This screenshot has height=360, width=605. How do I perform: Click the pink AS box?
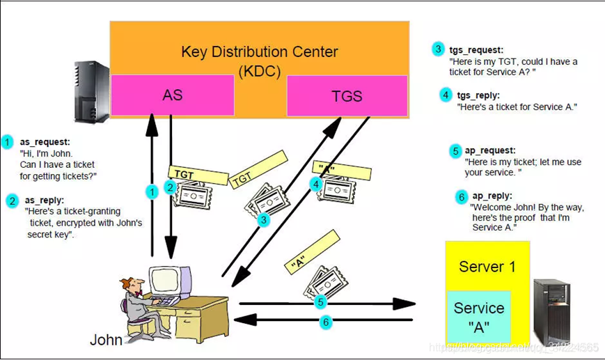pyautogui.click(x=172, y=95)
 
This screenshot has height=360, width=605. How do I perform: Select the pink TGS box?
pyautogui.click(x=347, y=96)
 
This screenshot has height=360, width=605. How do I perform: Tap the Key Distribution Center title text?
pyautogui.click(x=259, y=52)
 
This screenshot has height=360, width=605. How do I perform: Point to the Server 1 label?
pyautogui.click(x=487, y=267)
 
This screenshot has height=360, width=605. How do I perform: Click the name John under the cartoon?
pyautogui.click(x=106, y=340)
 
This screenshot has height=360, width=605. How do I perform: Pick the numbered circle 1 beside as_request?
pyautogui.click(x=8, y=142)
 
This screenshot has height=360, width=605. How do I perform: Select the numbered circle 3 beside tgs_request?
pyautogui.click(x=438, y=49)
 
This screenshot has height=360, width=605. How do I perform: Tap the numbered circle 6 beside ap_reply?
pyautogui.click(x=462, y=197)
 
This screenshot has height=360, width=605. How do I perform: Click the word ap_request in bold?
pyautogui.click(x=490, y=150)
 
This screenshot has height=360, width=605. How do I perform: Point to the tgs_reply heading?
pyautogui.click(x=478, y=95)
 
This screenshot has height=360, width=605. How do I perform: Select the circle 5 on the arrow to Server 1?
pyautogui.click(x=321, y=302)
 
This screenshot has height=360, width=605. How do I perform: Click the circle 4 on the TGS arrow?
pyautogui.click(x=316, y=184)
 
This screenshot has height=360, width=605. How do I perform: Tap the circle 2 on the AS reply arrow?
pyautogui.click(x=169, y=187)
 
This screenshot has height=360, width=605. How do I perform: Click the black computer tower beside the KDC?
pyautogui.click(x=92, y=91)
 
